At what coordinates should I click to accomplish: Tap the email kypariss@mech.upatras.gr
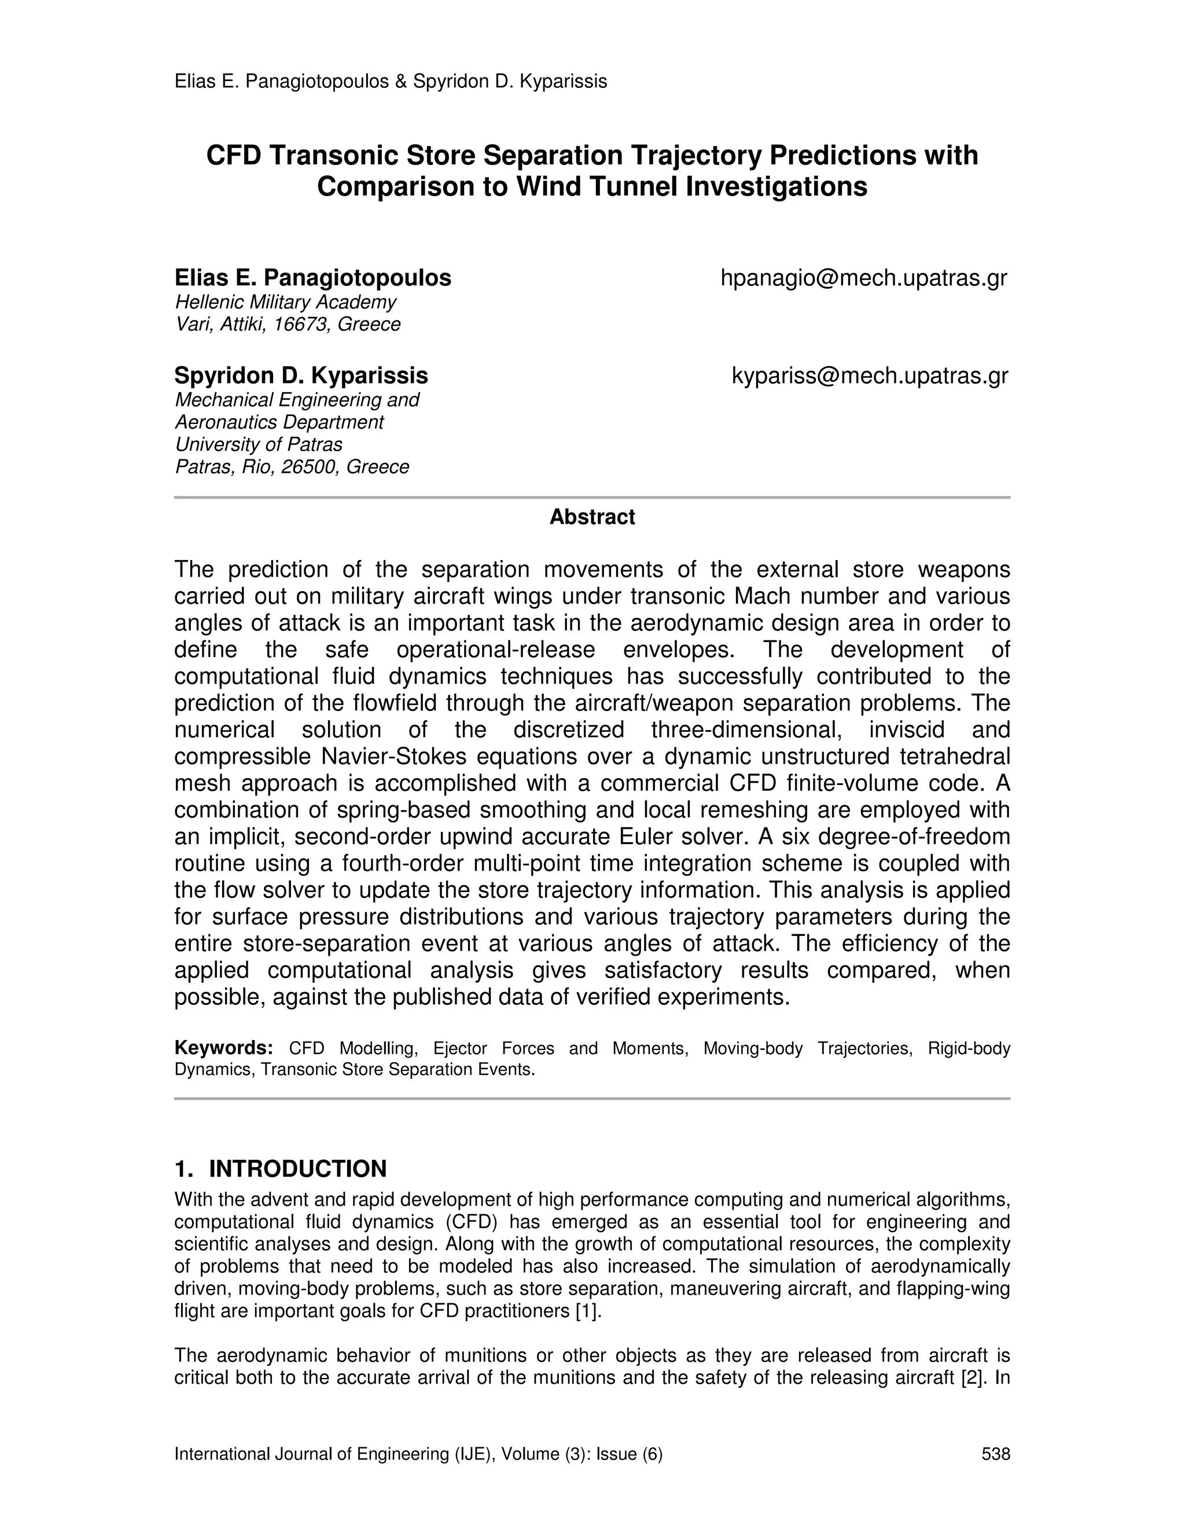point(870,375)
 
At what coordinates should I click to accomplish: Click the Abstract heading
point(592,517)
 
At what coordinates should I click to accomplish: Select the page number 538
point(995,1454)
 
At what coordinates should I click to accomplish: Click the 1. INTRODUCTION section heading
point(281,1169)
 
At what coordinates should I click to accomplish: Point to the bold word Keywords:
point(223,1048)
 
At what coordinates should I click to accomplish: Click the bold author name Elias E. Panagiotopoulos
point(312,278)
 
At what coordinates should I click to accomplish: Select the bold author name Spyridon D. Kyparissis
point(300,375)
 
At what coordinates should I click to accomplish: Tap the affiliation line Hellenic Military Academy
point(285,302)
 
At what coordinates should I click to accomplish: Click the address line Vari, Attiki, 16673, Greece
point(287,325)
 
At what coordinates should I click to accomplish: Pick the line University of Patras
point(258,444)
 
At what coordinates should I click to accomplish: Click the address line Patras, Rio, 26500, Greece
point(292,467)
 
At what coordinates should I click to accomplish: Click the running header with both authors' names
point(391,82)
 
